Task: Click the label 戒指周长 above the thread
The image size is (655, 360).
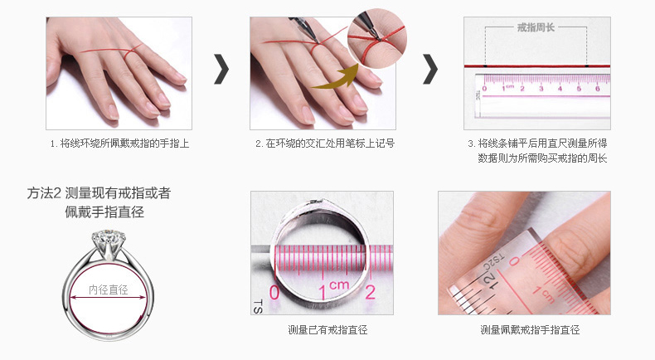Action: click(x=535, y=27)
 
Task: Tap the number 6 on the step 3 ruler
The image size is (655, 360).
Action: click(x=597, y=88)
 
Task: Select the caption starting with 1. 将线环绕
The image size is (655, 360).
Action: click(x=120, y=144)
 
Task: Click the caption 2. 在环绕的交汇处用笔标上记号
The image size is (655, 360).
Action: click(x=324, y=144)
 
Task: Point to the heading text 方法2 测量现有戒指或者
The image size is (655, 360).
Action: click(x=99, y=194)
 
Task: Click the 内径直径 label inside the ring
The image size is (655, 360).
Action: click(x=109, y=289)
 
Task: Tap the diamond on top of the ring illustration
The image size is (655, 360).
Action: click(x=109, y=239)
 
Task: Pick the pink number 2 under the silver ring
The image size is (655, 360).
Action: click(x=371, y=291)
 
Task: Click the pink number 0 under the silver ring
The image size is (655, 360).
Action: click(x=274, y=293)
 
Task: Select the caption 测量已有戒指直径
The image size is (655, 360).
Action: click(x=327, y=330)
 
